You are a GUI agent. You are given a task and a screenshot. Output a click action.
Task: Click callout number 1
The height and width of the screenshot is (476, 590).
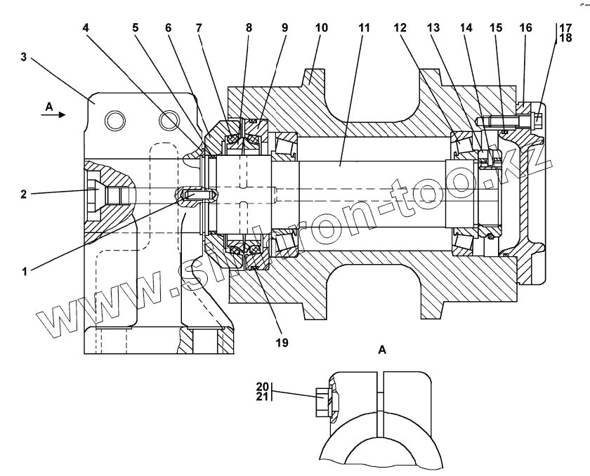pyautogui.click(x=26, y=270)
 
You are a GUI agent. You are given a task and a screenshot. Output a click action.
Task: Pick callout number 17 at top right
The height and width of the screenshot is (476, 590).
pyautogui.click(x=565, y=28)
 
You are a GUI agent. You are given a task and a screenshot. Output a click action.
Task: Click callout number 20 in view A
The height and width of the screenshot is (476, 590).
pyautogui.click(x=263, y=386)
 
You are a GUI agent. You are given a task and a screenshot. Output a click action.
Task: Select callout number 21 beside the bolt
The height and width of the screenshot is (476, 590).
pyautogui.click(x=263, y=397)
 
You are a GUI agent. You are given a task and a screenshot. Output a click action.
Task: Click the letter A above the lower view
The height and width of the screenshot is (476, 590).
pyautogui.click(x=383, y=349)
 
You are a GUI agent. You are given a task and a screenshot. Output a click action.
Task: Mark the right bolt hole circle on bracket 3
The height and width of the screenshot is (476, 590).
pyautogui.click(x=166, y=121)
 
